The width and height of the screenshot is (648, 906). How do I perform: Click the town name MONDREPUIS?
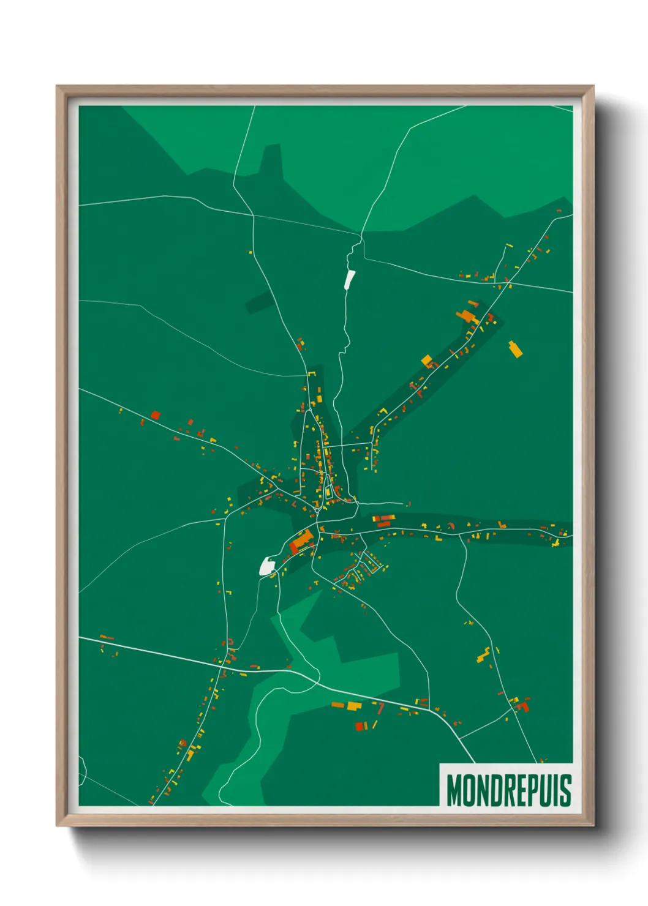coord(508,790)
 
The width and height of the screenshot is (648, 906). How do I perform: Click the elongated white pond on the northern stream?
coord(350,279)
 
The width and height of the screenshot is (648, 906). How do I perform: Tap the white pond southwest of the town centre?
coord(267,566)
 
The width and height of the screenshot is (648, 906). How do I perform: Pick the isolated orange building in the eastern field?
coord(516,349)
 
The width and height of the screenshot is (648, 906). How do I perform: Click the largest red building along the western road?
coord(155,415)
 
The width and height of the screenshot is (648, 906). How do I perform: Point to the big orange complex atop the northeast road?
coord(467,316)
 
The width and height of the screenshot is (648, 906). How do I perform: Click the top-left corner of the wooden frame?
coord(57,87)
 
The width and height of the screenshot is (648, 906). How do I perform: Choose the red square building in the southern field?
coord(360,727)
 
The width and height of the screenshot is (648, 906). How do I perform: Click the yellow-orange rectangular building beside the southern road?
coord(354,706)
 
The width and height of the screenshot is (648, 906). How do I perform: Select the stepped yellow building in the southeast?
coord(484,655)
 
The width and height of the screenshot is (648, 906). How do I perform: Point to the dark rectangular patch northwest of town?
coord(260,302)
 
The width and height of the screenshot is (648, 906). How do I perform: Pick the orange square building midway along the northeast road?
coord(427,360)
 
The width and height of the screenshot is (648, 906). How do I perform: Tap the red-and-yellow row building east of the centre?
coord(384,520)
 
